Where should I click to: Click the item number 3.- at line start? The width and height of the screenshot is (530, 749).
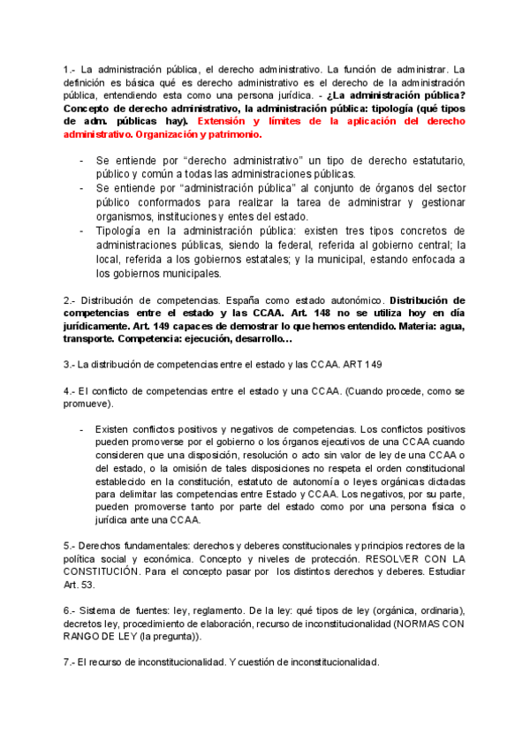point(70,364)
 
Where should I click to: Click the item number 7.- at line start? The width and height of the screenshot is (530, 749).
point(70,662)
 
